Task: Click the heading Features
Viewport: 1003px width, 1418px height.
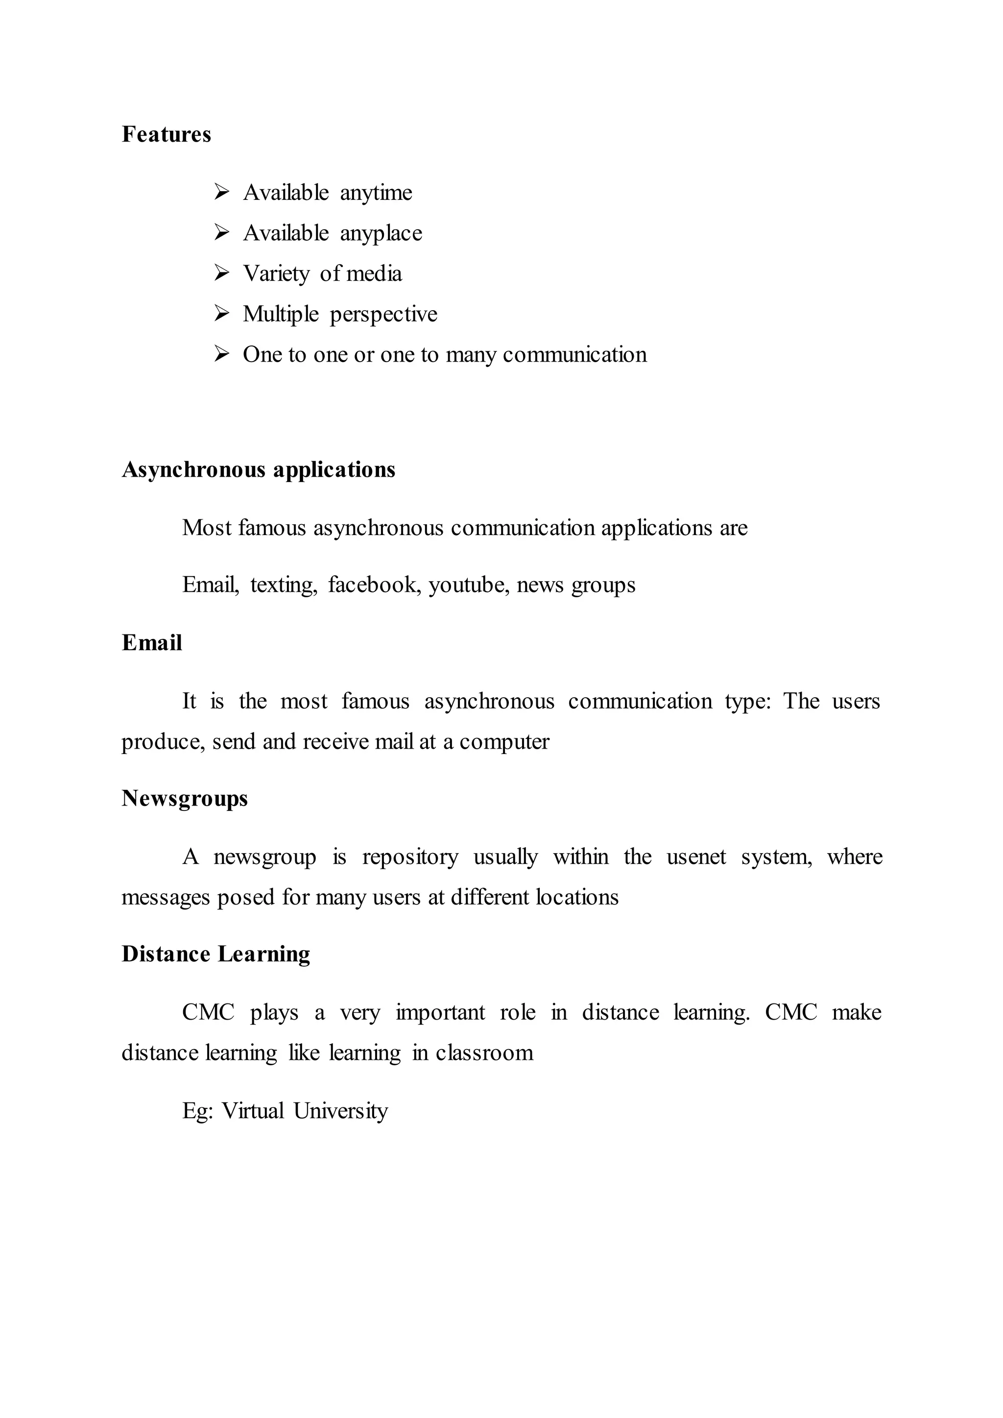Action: click(166, 135)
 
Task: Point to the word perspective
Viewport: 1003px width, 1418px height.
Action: click(383, 315)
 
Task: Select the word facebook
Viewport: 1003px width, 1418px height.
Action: click(374, 585)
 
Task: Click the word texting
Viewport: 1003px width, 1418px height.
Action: click(283, 585)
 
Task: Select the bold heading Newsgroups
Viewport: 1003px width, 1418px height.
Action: click(185, 799)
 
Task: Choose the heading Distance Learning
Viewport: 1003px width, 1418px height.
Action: click(215, 954)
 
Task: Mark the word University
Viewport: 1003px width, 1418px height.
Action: click(340, 1111)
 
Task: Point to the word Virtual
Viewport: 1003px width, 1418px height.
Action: click(253, 1111)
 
